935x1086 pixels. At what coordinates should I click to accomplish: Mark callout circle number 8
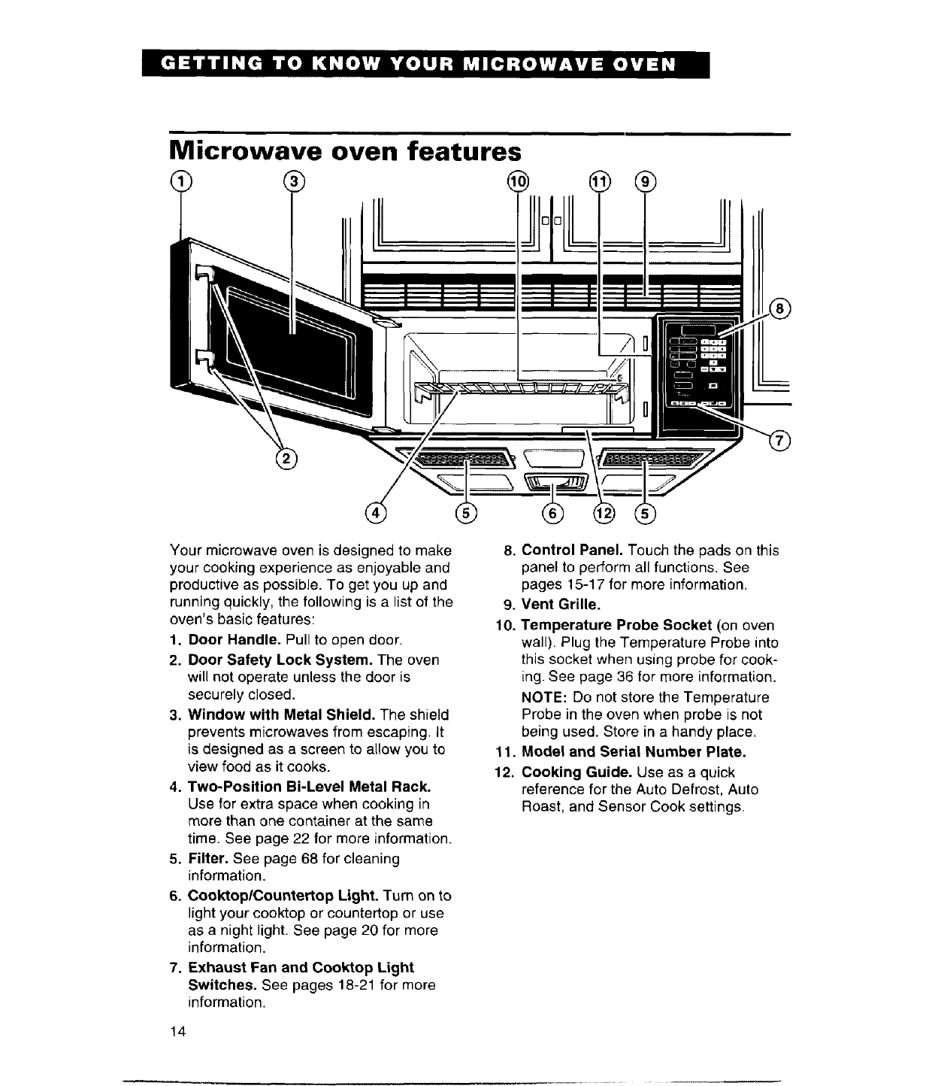coord(782,308)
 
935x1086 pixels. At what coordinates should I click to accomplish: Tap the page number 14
coord(177,1030)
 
